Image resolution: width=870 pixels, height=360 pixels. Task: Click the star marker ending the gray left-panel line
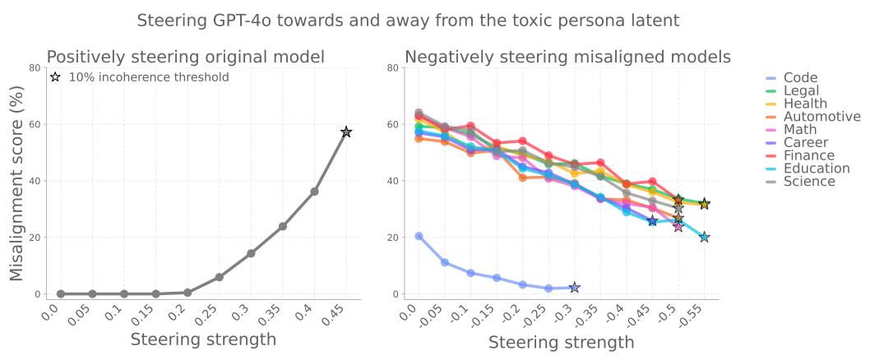pos(346,132)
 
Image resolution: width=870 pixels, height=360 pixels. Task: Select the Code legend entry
pos(800,78)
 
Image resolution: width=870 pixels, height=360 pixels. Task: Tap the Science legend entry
pos(809,181)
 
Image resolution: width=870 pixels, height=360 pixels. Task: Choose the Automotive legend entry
pos(821,117)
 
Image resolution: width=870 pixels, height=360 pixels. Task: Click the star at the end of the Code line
pos(574,288)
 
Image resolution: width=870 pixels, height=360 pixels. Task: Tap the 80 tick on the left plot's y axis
pos(33,68)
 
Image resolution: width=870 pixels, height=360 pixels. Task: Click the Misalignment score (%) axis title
pos(17,180)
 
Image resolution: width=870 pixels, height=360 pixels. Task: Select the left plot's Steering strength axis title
pos(203,339)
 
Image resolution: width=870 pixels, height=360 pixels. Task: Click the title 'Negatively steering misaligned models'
pos(567,58)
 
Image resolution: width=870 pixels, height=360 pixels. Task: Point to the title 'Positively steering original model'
pos(185,58)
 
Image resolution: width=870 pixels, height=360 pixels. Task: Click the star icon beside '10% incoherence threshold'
pos(56,77)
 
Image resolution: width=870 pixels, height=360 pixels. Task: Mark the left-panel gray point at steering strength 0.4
pos(314,192)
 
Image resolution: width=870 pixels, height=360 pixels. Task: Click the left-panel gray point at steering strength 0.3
pos(251,253)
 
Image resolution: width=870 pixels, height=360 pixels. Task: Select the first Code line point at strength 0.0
pos(419,236)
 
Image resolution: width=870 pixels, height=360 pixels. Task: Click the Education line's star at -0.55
pos(704,237)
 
